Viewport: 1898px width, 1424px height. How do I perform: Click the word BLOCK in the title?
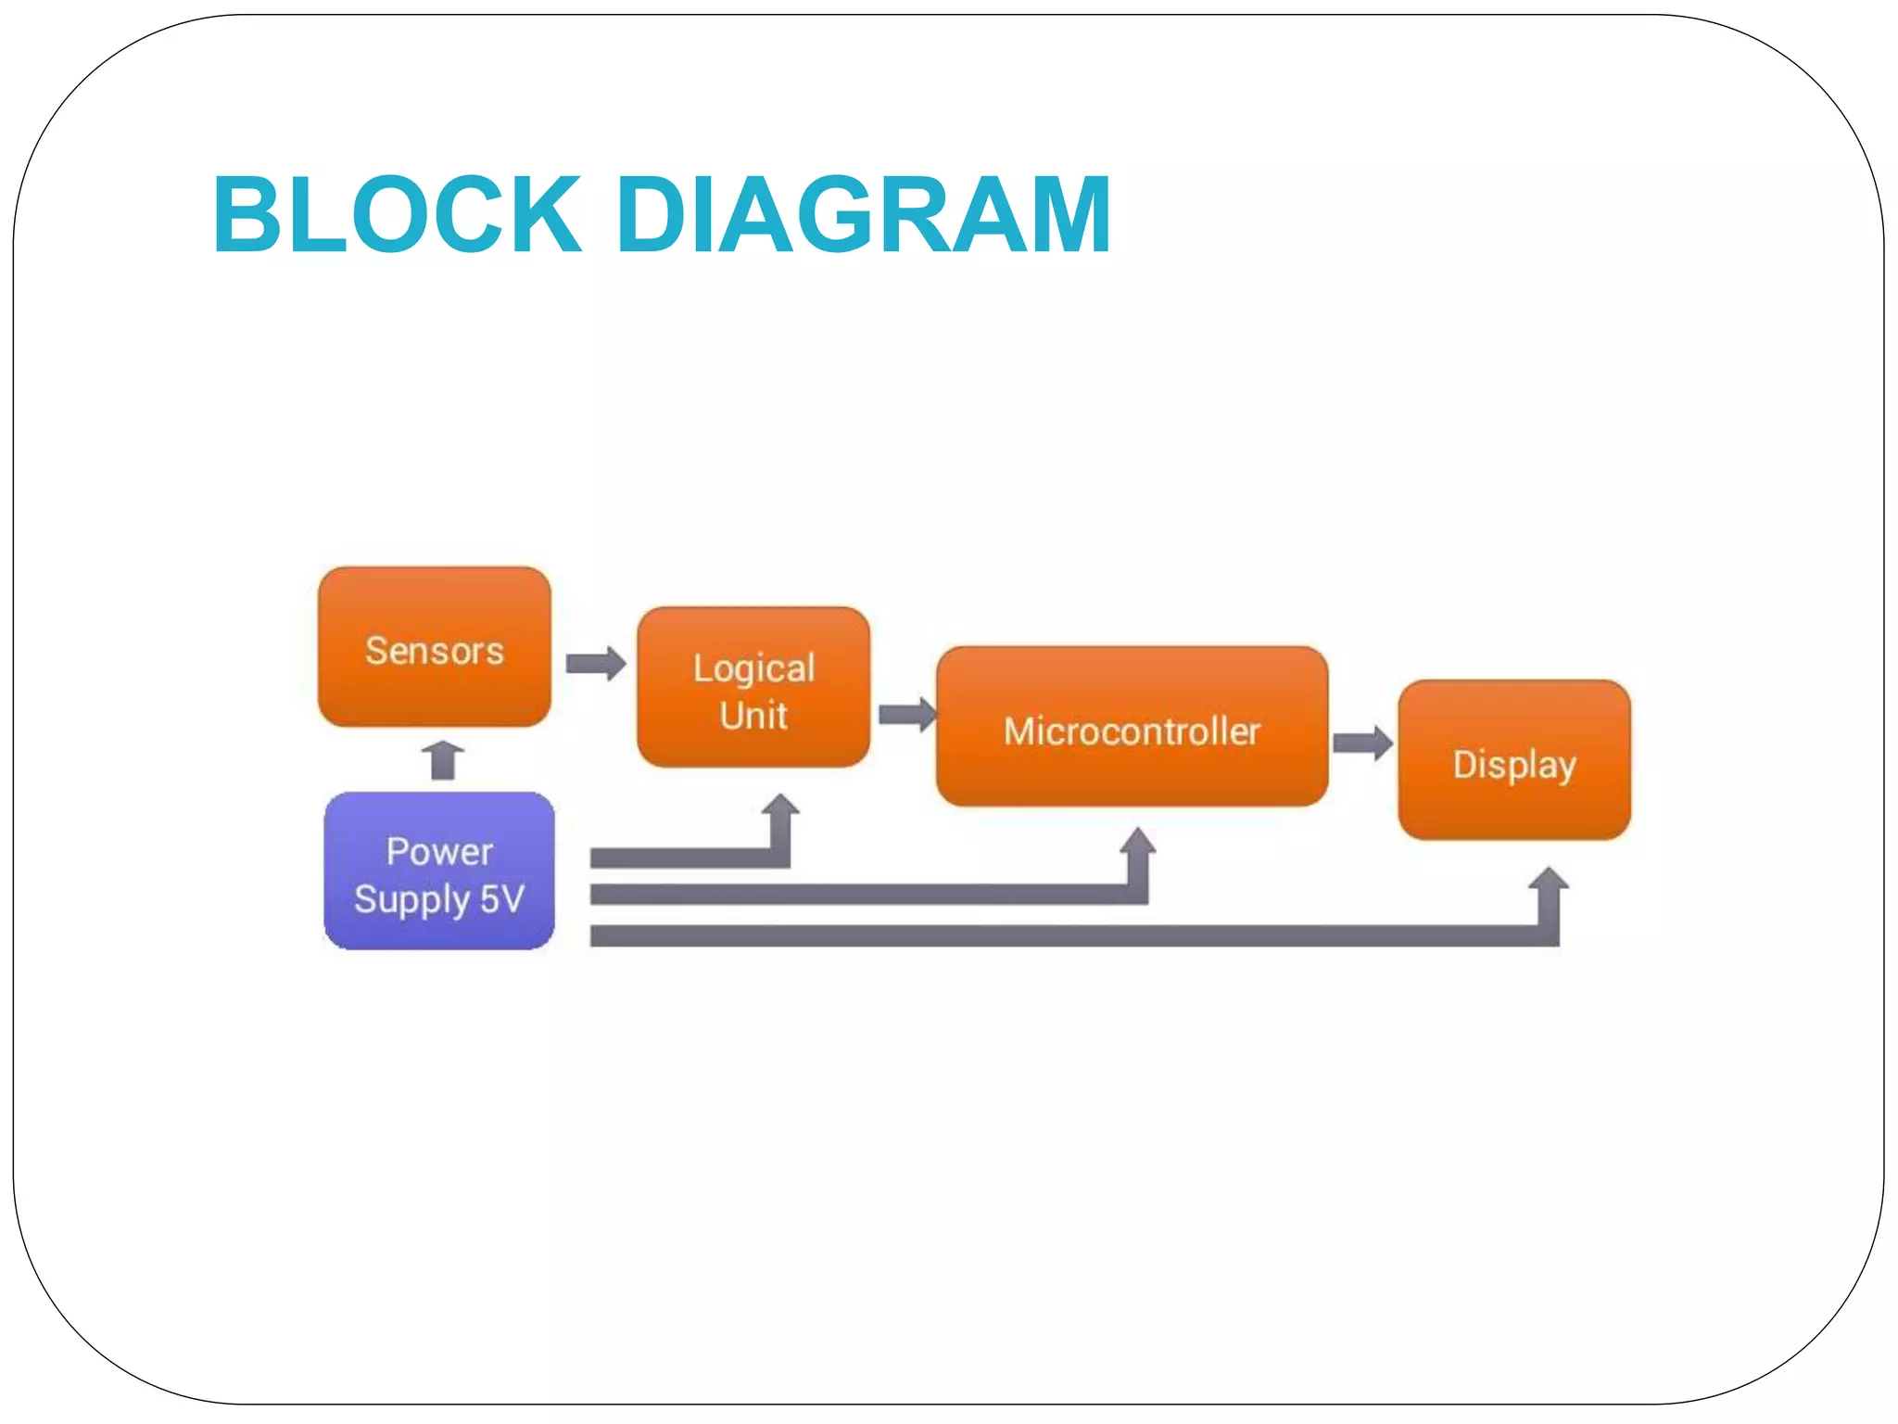pos(397,215)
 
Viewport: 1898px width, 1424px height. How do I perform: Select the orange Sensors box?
pos(434,647)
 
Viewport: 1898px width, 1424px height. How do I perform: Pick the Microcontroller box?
pos(1132,727)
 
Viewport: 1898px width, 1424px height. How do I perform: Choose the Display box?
pos(1513,760)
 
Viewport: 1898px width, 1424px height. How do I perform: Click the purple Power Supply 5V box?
pos(439,871)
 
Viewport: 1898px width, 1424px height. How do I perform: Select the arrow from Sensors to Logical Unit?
pos(596,663)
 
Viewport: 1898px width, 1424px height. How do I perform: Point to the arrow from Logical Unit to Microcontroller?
pos(906,714)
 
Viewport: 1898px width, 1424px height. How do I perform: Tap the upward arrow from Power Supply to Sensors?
pos(443,759)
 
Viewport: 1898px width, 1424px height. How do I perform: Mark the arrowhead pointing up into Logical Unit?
pos(780,805)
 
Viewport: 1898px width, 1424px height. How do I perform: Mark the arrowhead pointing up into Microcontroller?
pos(1137,840)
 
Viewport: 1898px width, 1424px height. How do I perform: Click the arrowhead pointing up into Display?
pos(1548,879)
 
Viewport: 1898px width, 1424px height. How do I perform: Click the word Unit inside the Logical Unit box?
pos(753,716)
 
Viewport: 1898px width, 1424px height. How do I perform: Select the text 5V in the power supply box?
pos(502,898)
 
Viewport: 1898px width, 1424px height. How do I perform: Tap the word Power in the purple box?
pos(439,851)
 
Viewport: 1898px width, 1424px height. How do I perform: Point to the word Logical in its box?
pos(753,668)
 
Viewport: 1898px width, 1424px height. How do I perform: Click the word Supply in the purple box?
pos(411,899)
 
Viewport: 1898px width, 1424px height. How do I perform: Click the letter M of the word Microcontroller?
pos(1019,731)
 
